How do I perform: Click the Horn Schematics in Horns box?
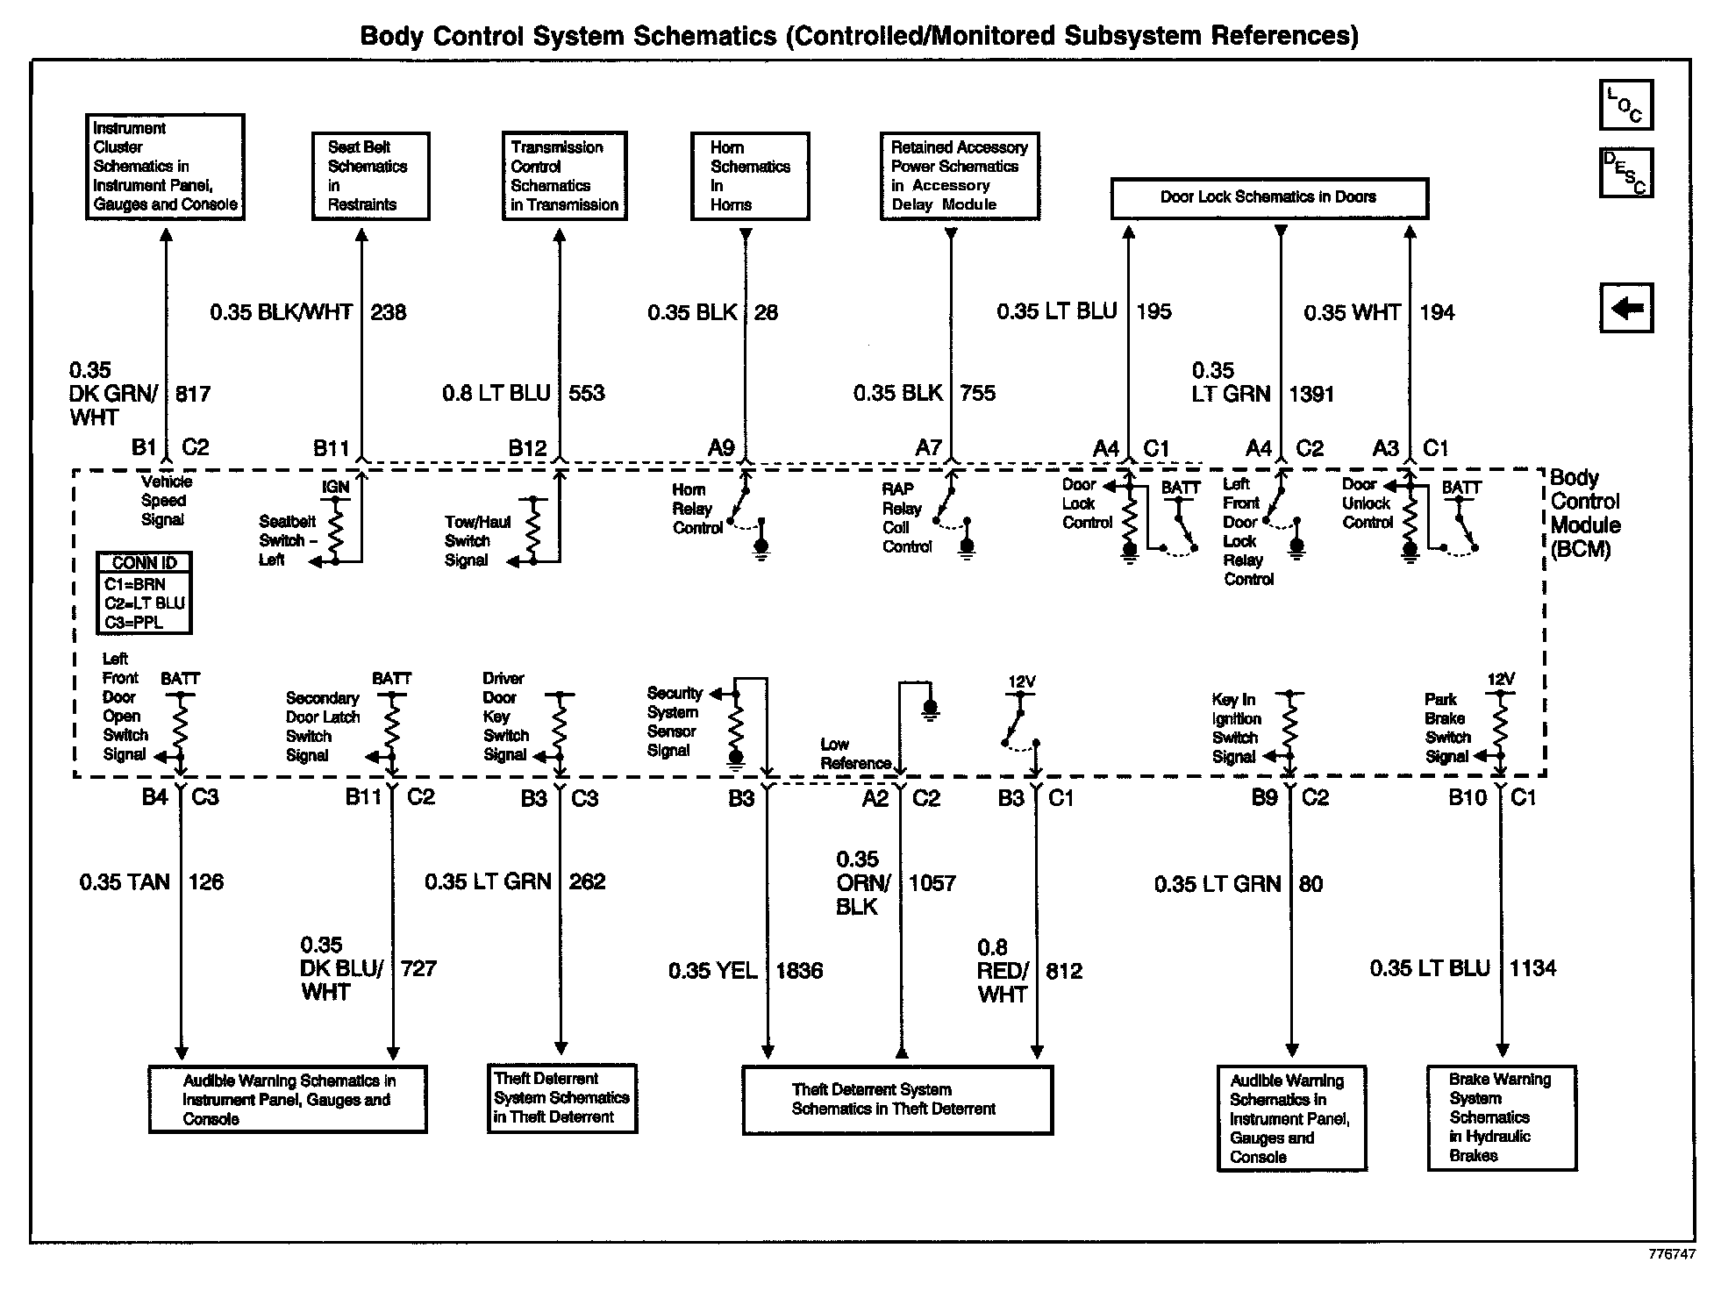(x=749, y=175)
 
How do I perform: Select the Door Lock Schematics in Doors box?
(x=1268, y=198)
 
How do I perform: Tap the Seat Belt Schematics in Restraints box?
(x=370, y=175)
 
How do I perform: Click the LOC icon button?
(x=1625, y=105)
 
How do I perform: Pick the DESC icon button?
(x=1625, y=173)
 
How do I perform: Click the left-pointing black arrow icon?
(x=1626, y=308)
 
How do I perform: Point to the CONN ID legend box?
(x=144, y=593)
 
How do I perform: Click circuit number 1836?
(x=799, y=971)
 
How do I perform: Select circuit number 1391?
(x=1311, y=394)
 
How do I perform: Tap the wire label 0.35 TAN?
(x=125, y=881)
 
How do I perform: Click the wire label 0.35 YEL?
(x=712, y=971)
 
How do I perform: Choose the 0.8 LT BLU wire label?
(x=496, y=393)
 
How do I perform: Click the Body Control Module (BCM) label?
(x=1585, y=514)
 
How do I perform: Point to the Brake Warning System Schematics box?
(x=1501, y=1117)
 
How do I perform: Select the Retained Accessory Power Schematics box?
(x=959, y=175)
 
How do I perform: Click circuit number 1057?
(x=932, y=883)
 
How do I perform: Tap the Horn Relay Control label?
(x=697, y=509)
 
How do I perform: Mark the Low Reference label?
(x=855, y=754)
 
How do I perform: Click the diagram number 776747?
(x=1671, y=1254)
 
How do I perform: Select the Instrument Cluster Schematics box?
(x=165, y=167)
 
